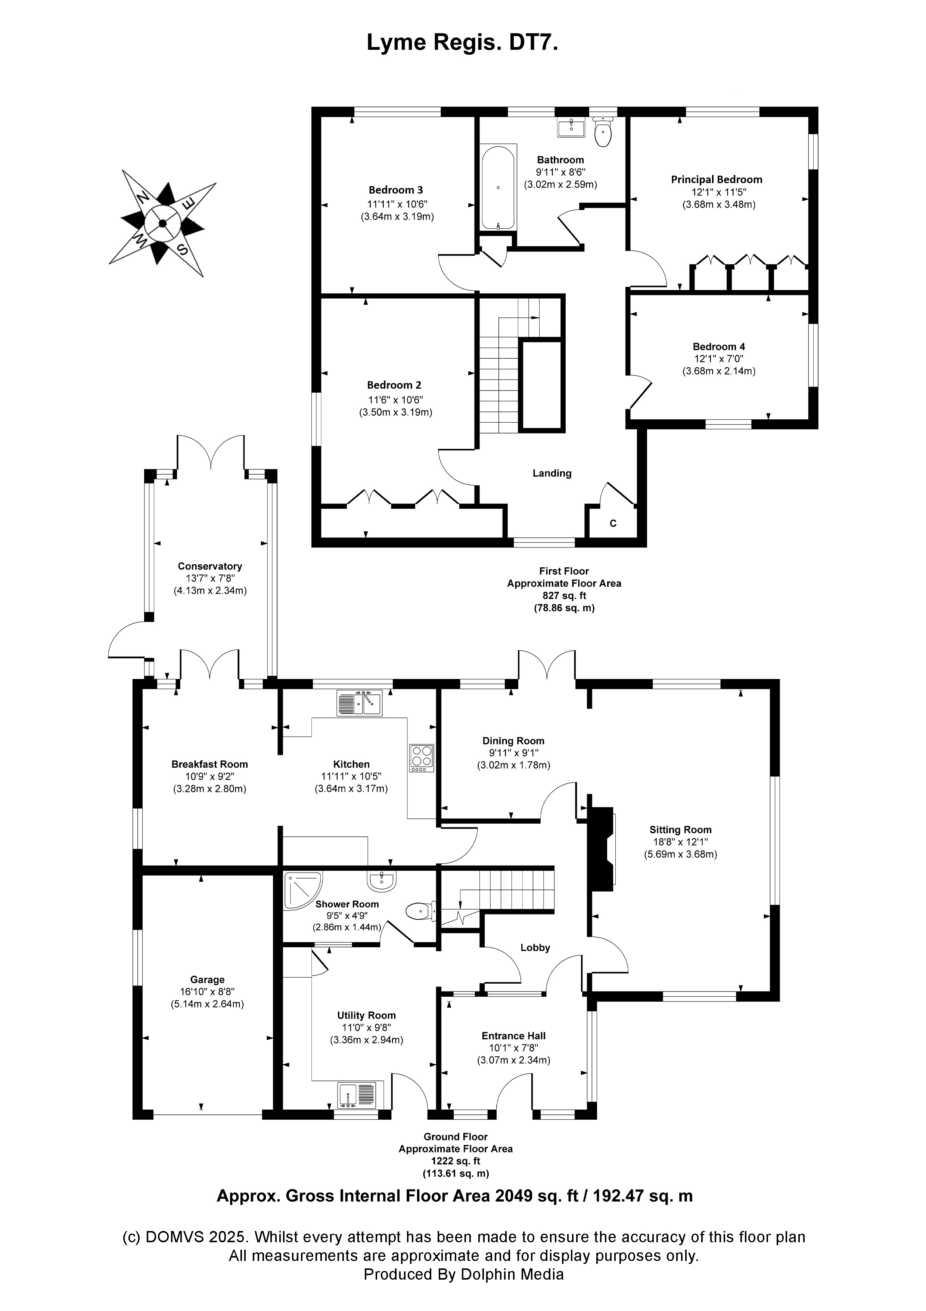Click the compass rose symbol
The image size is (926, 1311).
[x=162, y=223]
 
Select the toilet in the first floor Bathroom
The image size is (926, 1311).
[x=603, y=132]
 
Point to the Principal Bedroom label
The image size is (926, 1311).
[x=716, y=179]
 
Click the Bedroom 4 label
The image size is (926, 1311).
[x=718, y=346]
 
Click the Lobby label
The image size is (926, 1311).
[x=535, y=947]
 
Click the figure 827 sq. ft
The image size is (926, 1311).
[x=564, y=596]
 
